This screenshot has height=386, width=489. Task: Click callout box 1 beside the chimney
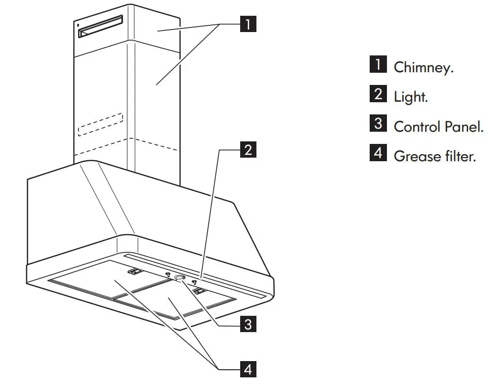[x=247, y=24]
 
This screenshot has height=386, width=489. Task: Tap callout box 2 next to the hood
[x=247, y=150]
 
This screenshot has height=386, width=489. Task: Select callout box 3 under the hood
[x=247, y=324]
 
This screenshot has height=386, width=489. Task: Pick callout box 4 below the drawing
[x=247, y=369]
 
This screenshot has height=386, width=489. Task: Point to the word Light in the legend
[x=411, y=97]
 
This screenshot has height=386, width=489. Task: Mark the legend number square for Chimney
[x=378, y=66]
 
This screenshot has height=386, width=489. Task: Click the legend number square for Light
[x=378, y=95]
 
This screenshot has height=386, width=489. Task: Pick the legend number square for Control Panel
[x=378, y=125]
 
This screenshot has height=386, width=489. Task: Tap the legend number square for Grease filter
[x=378, y=154]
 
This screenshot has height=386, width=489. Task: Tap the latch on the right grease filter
[x=200, y=291]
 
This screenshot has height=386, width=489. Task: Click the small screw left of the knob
[x=168, y=275]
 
